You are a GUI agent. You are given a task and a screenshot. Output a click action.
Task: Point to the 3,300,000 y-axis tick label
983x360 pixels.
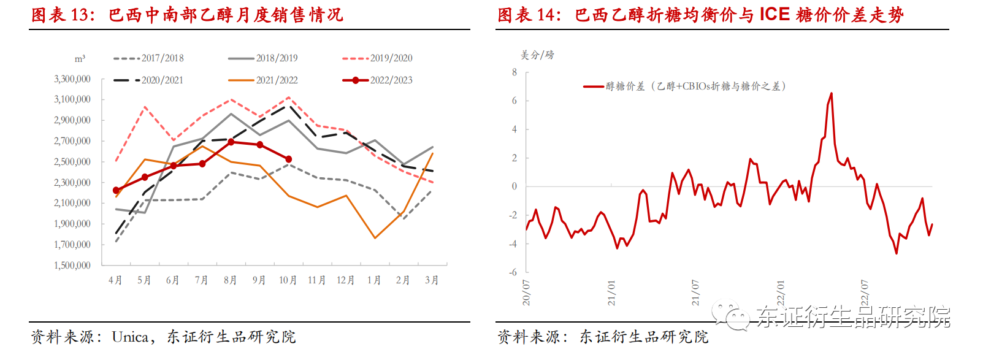point(72,79)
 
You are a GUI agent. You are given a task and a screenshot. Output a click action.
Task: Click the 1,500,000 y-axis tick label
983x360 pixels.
point(72,266)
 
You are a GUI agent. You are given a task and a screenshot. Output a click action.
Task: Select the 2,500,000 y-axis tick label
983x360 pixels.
point(72,162)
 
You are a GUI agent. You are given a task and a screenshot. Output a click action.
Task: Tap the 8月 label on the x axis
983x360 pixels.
point(231,280)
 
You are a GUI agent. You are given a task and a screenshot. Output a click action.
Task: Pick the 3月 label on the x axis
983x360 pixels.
point(432,280)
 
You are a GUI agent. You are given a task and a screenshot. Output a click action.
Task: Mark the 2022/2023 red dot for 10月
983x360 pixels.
point(289,159)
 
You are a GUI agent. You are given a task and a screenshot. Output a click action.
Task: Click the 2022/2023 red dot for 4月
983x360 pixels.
point(117,191)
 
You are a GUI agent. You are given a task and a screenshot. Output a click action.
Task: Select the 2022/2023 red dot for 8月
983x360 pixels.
point(231,142)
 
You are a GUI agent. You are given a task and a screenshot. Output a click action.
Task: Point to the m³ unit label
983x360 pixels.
point(80,59)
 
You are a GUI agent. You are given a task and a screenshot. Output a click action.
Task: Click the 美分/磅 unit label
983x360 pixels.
point(537,55)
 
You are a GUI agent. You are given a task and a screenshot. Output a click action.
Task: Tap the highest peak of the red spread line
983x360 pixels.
point(831,93)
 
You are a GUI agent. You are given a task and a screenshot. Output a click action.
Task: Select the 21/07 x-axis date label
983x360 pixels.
point(695,293)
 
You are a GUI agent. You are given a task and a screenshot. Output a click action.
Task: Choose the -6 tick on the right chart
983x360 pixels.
point(513,272)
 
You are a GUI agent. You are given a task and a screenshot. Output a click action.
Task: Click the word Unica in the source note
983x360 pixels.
point(130,337)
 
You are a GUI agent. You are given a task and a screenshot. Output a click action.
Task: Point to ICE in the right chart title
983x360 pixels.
point(775,14)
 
